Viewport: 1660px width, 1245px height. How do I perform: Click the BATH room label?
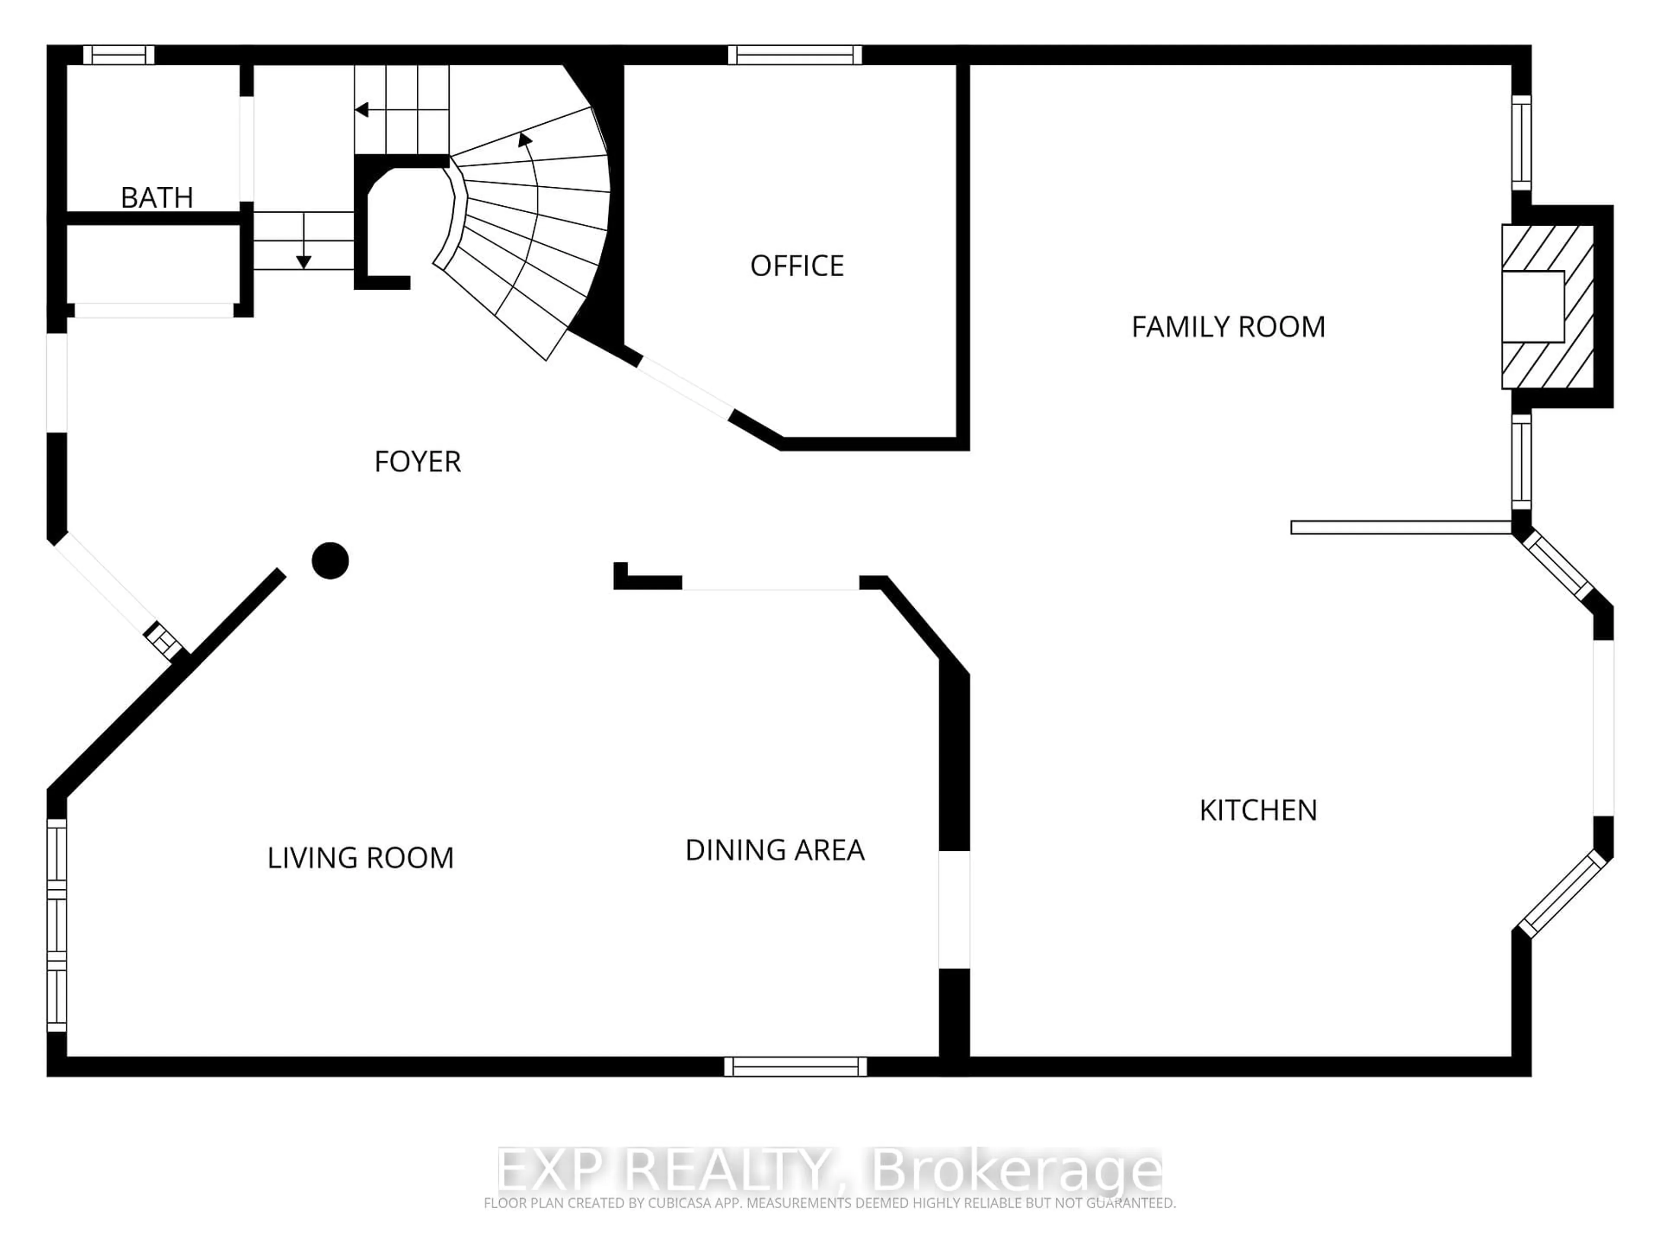pyautogui.click(x=157, y=198)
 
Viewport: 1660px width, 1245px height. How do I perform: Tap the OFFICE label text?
pyautogui.click(x=797, y=266)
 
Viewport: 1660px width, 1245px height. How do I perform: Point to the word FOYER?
pyautogui.click(x=417, y=462)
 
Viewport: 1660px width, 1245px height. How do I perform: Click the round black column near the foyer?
pyautogui.click(x=330, y=561)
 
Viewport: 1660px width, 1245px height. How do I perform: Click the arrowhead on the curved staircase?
pyautogui.click(x=524, y=139)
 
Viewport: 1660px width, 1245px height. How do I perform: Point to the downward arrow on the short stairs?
pyautogui.click(x=303, y=262)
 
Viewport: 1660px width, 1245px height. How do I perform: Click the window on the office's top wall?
pyautogui.click(x=795, y=55)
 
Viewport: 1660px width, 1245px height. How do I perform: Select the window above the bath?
pyautogui.click(x=118, y=55)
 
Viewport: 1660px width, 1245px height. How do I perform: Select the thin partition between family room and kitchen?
pyautogui.click(x=1400, y=527)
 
